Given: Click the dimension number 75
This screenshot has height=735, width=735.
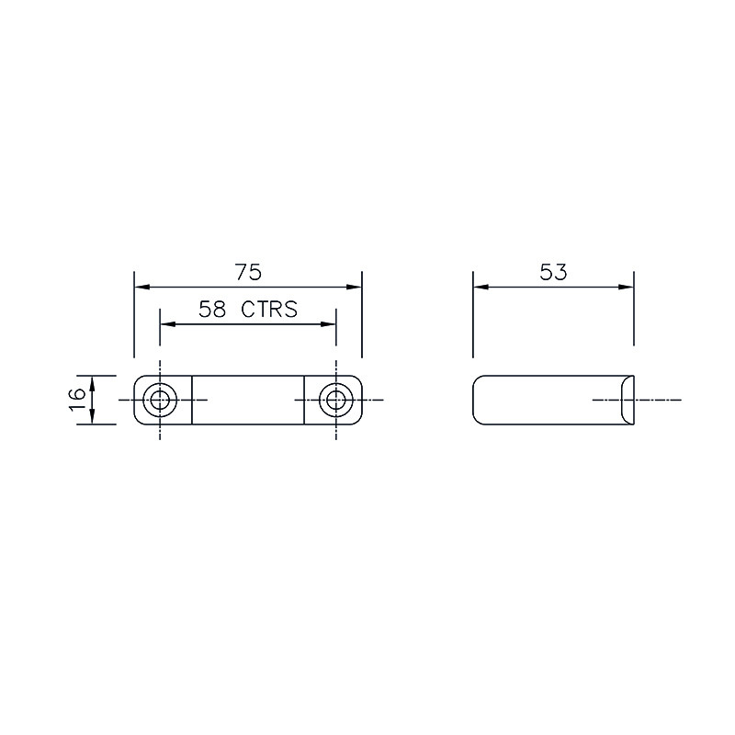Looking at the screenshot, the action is pos(248,272).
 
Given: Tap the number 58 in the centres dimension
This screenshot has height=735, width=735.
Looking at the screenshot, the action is pos(212,310).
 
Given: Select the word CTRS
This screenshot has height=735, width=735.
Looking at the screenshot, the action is pos(269,310).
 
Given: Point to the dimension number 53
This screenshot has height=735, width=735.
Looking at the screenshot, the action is pos(553,272).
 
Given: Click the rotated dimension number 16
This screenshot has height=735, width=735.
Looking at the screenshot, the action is pos(77,400).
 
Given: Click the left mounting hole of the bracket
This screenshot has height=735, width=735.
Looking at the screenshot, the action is pos(160,400).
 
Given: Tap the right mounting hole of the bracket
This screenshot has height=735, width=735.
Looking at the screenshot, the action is pos(336,400).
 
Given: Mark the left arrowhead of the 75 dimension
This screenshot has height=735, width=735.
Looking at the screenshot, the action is pos(142,287).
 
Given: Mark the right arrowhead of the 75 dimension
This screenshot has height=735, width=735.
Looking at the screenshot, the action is pos(354,287).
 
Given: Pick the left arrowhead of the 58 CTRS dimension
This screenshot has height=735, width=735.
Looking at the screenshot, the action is pos(168,324).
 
